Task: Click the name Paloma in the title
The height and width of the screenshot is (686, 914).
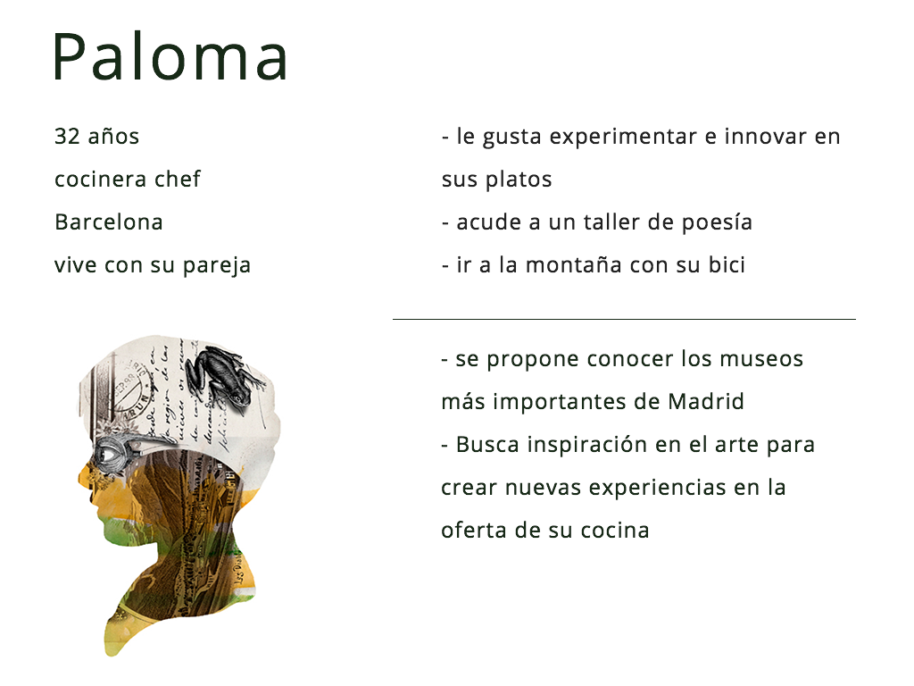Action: coord(170,57)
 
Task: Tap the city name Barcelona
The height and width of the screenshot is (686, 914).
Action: coord(109,222)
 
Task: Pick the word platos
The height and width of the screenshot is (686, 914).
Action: coord(519,180)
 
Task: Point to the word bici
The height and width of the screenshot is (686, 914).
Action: coord(727,265)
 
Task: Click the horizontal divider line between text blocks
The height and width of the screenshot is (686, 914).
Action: coord(624,319)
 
